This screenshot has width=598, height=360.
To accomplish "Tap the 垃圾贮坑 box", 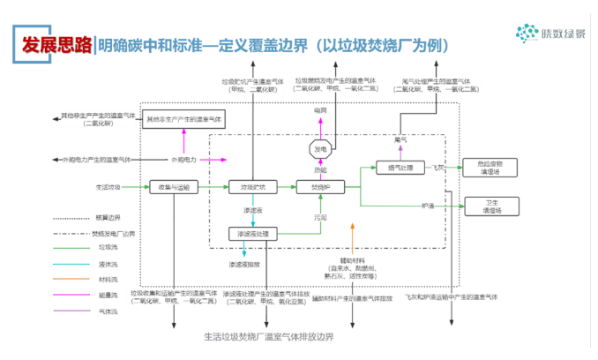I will (x=253, y=187).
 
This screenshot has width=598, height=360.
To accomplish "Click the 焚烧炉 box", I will (x=319, y=187).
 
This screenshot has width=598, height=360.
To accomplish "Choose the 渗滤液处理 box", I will (x=253, y=234).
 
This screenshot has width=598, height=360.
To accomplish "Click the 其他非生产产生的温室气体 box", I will (x=185, y=117).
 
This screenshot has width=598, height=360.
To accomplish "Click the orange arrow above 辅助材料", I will (x=352, y=238).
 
